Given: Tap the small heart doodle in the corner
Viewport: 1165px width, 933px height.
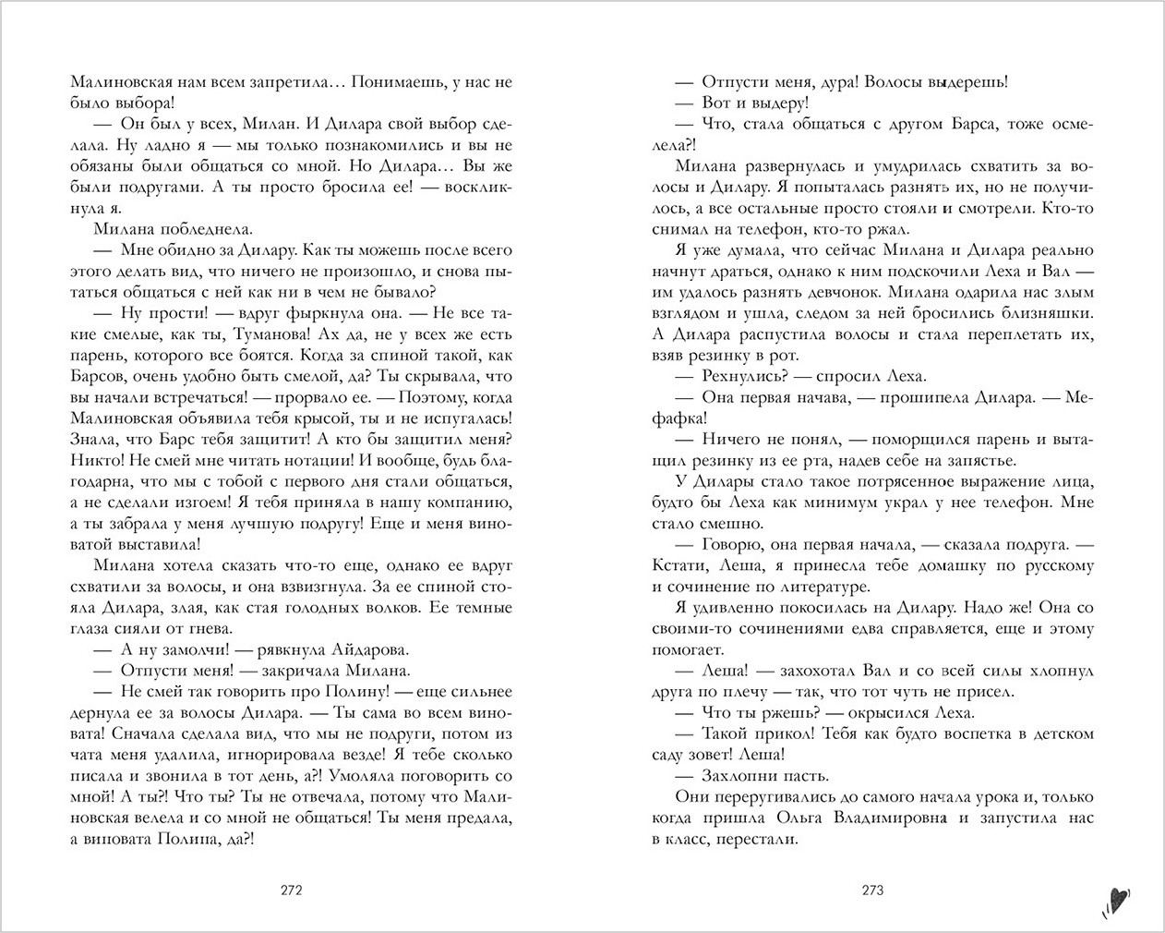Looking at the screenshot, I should click(x=1116, y=897).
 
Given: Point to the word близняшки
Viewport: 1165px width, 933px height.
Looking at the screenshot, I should click(x=1041, y=313).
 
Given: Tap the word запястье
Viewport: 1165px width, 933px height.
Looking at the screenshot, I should click(x=981, y=460).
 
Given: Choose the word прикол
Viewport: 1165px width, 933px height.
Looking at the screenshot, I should click(x=779, y=733).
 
